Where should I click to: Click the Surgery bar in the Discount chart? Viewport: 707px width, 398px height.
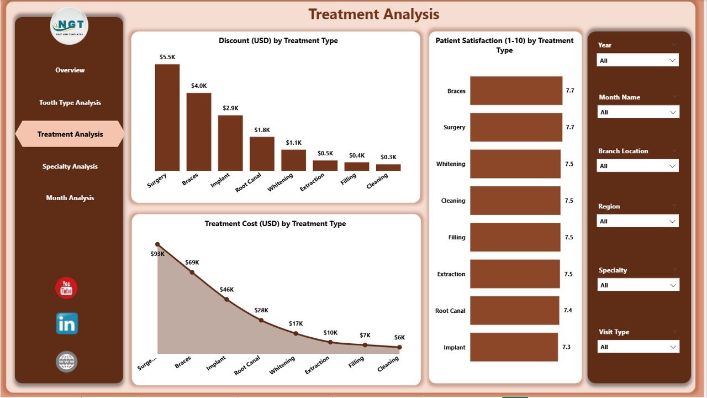(x=167, y=117)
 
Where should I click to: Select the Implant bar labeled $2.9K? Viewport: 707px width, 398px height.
(x=230, y=143)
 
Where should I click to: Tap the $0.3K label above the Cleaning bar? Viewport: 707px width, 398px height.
(x=388, y=157)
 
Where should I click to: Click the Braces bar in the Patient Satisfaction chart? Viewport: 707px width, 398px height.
(x=516, y=91)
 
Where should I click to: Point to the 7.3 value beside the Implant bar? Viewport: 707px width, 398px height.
(x=567, y=347)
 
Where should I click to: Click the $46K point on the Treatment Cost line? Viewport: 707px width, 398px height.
(x=226, y=299)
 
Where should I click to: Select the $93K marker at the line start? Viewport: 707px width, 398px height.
(x=157, y=244)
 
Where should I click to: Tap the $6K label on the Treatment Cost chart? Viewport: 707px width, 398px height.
(x=399, y=337)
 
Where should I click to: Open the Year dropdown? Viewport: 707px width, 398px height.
(x=637, y=60)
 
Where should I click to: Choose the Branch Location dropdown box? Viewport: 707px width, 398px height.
(x=637, y=166)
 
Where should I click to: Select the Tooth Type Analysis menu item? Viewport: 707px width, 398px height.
(x=70, y=103)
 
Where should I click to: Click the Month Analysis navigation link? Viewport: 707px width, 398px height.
(x=70, y=198)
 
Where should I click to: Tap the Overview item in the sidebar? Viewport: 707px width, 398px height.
(x=70, y=70)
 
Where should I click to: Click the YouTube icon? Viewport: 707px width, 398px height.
(x=66, y=288)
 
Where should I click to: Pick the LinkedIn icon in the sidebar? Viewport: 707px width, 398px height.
(x=67, y=324)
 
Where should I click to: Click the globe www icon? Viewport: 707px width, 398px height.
(x=67, y=362)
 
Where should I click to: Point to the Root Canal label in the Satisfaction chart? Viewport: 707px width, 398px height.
(x=450, y=311)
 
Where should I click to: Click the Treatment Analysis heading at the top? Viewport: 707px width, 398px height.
(x=374, y=14)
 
